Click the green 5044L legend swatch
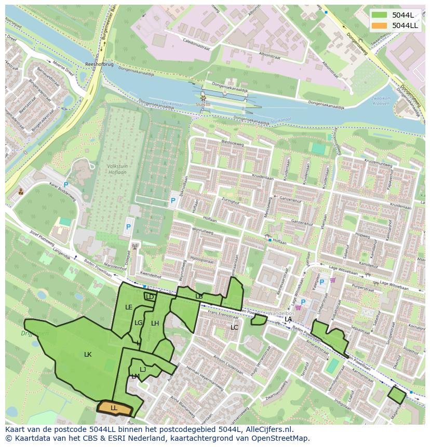tap(379, 15)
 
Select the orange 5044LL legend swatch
tap(379, 25)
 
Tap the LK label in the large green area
tap(88, 355)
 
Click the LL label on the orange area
tap(114, 408)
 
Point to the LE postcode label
tap(129, 307)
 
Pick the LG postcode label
tap(139, 323)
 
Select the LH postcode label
tap(155, 323)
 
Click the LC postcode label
tap(234, 328)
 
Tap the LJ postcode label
tap(143, 370)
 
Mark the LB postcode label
tap(199, 296)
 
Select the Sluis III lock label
tap(203, 104)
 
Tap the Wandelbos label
tap(280, 314)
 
